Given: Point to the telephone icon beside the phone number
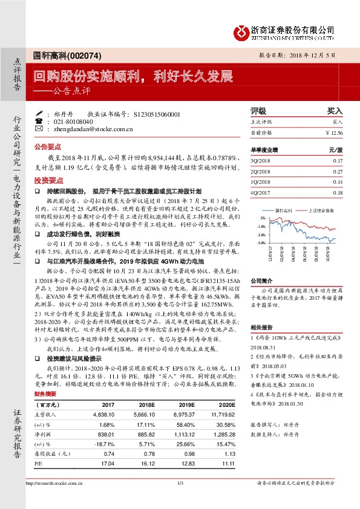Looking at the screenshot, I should [39, 122].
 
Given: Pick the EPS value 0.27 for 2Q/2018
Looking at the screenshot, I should [337, 172].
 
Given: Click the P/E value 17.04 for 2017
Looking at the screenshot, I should [107, 462].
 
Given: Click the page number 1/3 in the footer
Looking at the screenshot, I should [180, 484].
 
